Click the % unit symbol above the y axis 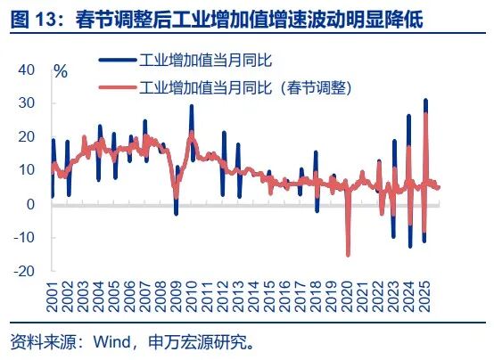pos(61,72)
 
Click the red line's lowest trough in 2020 pos(348,255)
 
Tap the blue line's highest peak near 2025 pos(425,100)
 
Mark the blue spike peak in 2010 pos(191,106)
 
